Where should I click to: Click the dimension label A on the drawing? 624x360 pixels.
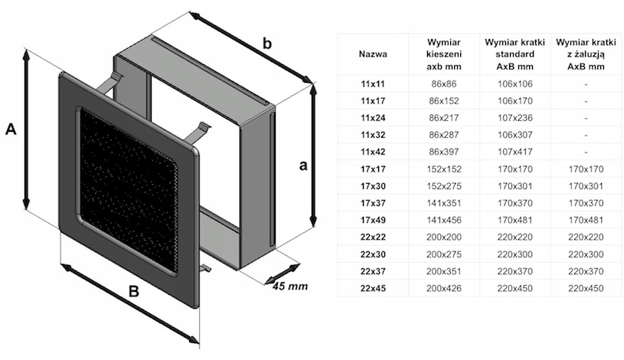coord(11,129)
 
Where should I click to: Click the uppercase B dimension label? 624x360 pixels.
coord(133,292)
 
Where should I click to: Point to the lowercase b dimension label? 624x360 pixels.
coord(266,44)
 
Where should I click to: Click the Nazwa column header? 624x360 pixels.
coord(373,54)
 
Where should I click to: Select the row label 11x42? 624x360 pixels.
coord(373,151)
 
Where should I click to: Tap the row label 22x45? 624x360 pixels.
coord(373,288)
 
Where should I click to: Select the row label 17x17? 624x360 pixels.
coord(373,169)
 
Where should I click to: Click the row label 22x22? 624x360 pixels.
coord(373,237)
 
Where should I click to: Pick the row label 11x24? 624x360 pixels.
coord(373,117)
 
